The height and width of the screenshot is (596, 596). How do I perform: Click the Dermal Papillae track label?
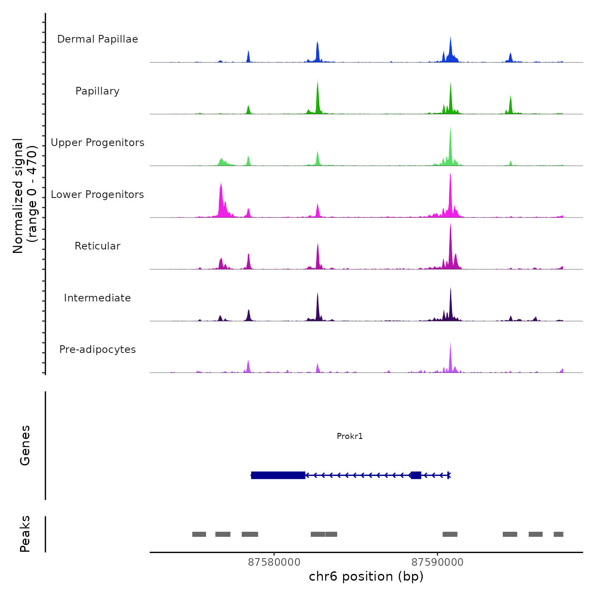[97, 39]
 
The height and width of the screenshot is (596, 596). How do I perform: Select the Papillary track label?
[97, 91]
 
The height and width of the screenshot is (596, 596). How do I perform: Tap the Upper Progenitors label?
[97, 143]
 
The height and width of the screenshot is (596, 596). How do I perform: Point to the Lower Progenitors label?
[97, 195]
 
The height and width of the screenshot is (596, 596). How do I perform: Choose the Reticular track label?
[97, 246]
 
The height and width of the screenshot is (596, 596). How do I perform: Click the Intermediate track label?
[97, 298]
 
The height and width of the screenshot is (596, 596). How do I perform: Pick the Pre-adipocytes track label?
[97, 350]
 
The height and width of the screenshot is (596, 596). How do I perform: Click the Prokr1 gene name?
[350, 436]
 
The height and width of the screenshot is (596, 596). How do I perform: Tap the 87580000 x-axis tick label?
[274, 562]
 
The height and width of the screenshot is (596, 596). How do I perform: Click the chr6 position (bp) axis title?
[366, 576]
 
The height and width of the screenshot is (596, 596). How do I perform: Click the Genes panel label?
[25, 445]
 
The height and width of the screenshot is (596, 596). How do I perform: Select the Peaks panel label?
[25, 534]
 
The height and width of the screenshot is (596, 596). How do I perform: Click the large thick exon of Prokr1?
[278, 475]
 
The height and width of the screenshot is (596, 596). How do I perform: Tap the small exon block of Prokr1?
[416, 475]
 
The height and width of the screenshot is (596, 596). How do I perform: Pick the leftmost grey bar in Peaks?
[199, 534]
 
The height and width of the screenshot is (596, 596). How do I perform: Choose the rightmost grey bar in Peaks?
[558, 534]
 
